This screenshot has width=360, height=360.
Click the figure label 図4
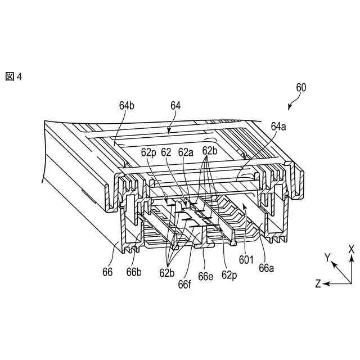click(13, 77)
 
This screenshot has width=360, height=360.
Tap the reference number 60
click(301, 87)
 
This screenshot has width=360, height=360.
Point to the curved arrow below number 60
click(293, 103)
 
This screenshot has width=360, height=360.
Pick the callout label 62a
click(186, 151)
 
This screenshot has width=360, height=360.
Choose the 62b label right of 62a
click(210, 151)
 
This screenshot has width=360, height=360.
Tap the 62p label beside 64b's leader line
click(148, 151)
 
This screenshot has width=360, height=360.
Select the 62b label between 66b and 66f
click(167, 273)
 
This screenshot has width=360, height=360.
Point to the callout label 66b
click(133, 272)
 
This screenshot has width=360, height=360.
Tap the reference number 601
click(246, 260)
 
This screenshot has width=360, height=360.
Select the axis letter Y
click(326, 257)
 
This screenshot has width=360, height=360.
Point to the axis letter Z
click(318, 284)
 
